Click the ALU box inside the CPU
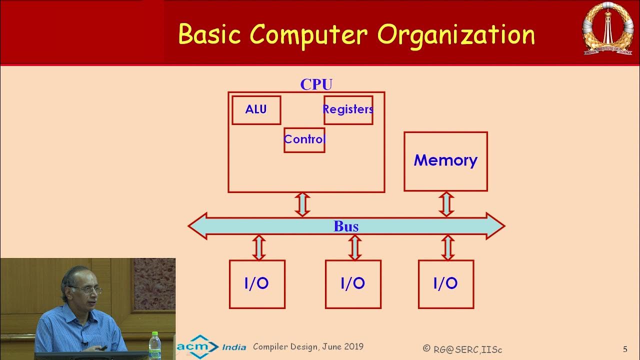(x=256, y=110)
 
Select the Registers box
(x=348, y=110)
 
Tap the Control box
(x=304, y=139)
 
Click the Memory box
(x=445, y=161)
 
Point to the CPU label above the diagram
(x=316, y=84)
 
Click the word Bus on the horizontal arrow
(x=346, y=226)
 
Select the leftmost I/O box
(x=257, y=284)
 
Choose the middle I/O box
(x=353, y=284)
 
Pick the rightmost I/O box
(x=445, y=284)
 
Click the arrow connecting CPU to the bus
(x=302, y=204)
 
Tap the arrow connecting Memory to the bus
(x=446, y=204)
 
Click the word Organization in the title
(x=456, y=35)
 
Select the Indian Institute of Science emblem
(x=607, y=29)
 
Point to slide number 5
(x=625, y=349)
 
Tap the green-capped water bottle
(x=155, y=345)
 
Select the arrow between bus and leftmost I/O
(x=258, y=248)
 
